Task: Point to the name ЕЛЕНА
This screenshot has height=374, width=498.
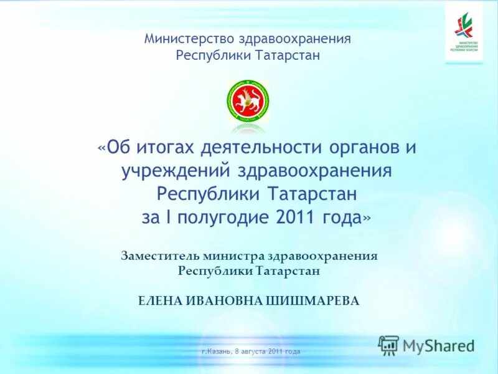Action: click(x=160, y=300)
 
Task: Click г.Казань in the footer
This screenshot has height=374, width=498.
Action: click(x=217, y=352)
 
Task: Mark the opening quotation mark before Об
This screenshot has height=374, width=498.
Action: click(x=101, y=148)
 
